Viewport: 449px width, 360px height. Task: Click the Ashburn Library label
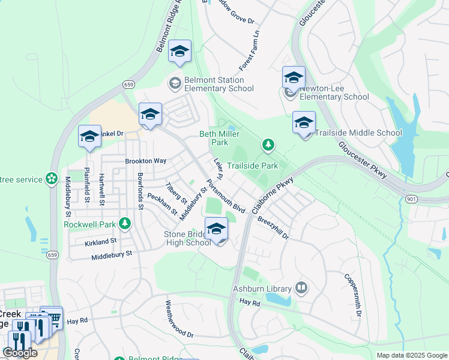tap(261, 289)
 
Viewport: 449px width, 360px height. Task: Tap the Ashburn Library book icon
tap(301, 289)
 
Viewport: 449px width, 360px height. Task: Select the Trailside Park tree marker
tap(268, 145)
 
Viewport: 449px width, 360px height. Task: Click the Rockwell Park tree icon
tap(125, 224)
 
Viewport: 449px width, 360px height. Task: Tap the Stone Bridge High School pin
tap(217, 229)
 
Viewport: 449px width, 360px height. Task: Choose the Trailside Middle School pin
tap(304, 124)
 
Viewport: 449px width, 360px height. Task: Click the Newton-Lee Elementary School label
tap(334, 92)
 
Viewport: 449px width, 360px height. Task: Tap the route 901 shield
tap(411, 199)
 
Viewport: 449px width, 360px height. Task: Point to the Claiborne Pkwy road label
tap(273, 195)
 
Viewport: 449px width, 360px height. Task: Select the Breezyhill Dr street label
tap(273, 228)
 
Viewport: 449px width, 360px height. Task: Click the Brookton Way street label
tap(145, 161)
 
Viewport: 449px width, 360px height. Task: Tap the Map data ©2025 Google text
tap(411, 355)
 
